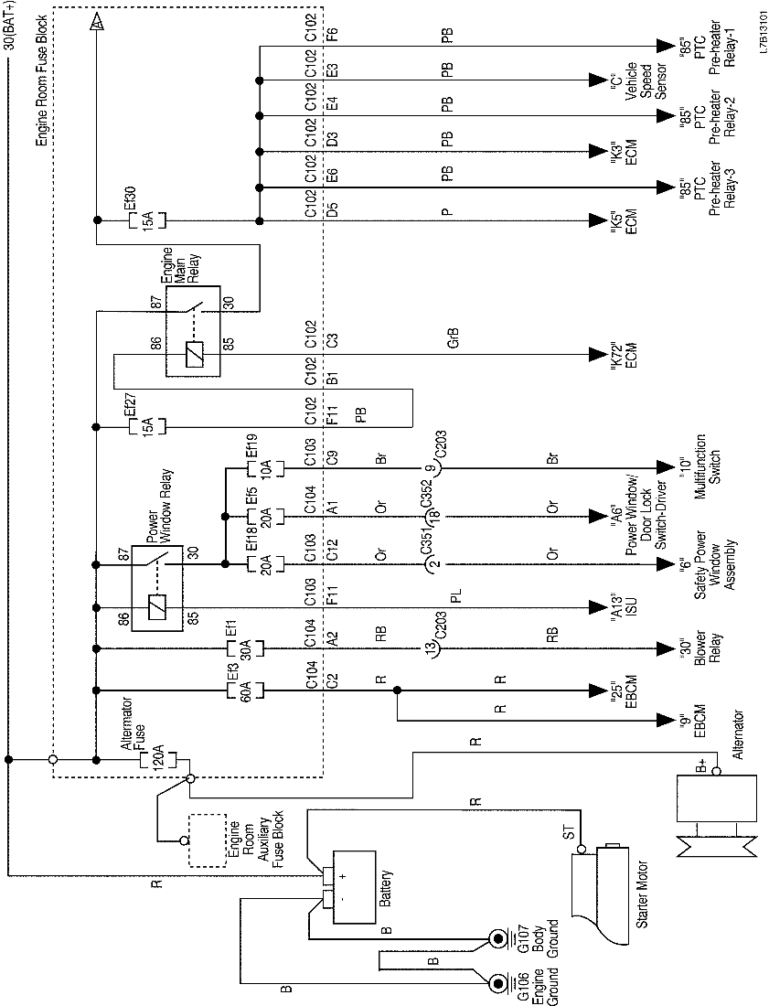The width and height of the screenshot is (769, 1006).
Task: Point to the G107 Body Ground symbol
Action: click(499, 939)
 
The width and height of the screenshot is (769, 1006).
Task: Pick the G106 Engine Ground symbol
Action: click(499, 984)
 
